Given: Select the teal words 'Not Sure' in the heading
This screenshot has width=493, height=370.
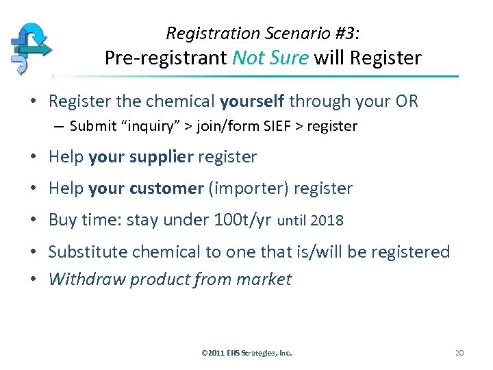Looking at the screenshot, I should pos(270,58).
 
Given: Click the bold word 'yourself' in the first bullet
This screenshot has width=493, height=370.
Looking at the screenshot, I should pos(252,101).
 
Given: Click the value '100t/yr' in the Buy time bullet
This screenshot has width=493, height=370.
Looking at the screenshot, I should pos(242,220).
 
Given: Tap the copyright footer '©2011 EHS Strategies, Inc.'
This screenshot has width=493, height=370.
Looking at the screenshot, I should pos(246,353).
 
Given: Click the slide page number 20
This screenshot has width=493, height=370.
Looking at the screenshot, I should pos(459,353).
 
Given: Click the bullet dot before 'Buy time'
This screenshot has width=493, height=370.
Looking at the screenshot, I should pos(34,220).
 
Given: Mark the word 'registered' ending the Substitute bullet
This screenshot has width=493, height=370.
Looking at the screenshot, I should pos(411,251).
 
